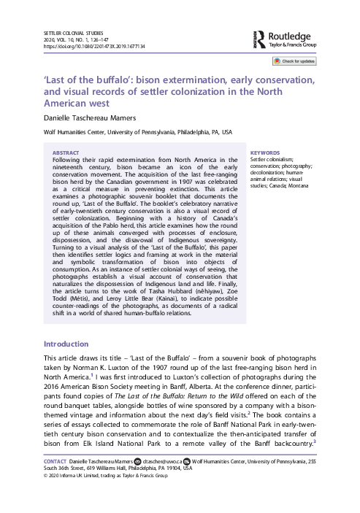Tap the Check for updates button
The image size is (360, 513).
pos(297,62)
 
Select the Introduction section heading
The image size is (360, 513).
pos(67,343)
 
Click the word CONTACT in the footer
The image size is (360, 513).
pos(56,482)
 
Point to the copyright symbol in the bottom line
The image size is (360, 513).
pos(47,498)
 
